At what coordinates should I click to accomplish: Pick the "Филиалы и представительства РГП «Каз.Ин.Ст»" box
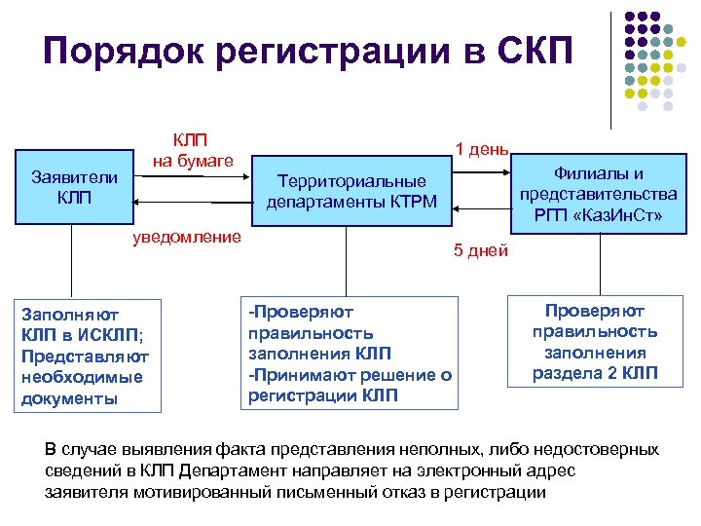(597, 194)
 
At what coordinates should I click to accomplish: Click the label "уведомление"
(187, 238)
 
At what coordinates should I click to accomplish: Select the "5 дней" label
(481, 250)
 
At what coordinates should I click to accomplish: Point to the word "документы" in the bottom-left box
(69, 398)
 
